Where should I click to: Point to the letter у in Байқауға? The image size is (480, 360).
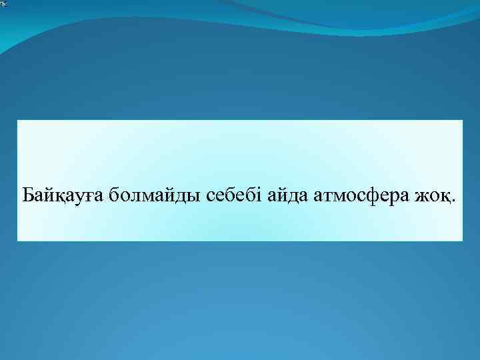tap(76, 198)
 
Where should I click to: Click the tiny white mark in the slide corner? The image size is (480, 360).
tap(3, 4)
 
